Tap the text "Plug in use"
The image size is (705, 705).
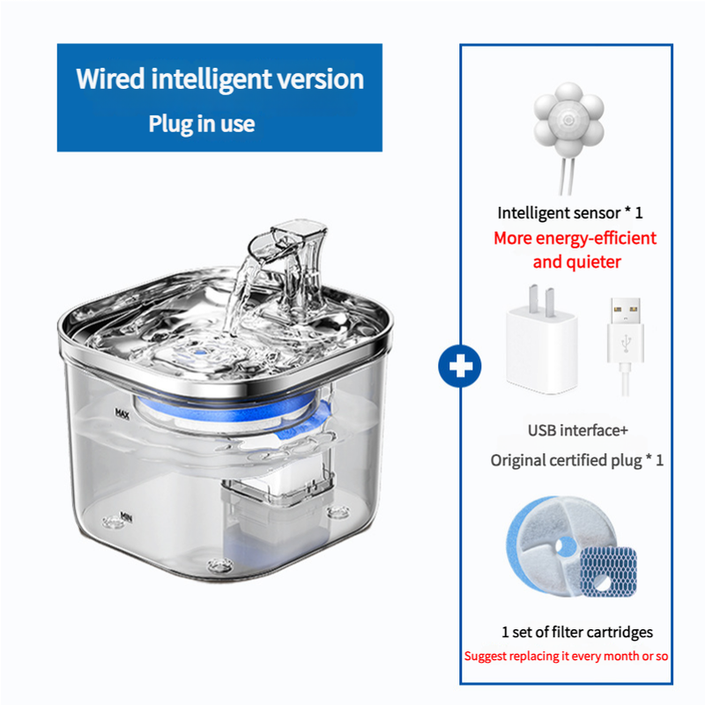point(201,123)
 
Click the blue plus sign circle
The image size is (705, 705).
point(459,364)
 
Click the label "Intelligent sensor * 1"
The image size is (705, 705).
point(570,212)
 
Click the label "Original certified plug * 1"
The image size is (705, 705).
point(577,460)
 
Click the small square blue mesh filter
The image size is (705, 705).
point(608,571)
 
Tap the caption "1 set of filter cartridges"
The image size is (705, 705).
point(577,632)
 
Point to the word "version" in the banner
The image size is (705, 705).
point(321,78)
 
